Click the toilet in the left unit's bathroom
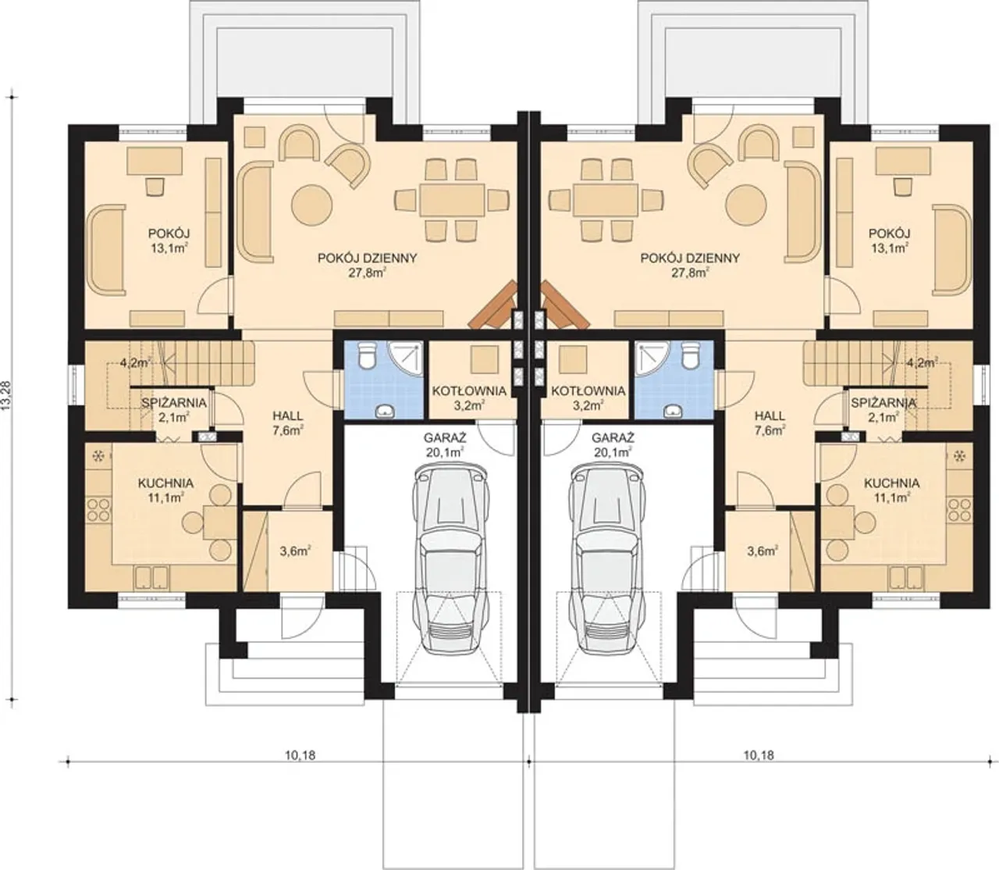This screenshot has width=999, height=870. (x=366, y=356)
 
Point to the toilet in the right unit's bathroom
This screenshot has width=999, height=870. (x=690, y=356)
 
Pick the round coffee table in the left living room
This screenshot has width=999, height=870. (x=312, y=204)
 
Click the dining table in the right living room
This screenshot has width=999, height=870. (x=606, y=200)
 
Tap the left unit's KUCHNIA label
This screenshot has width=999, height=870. (x=165, y=483)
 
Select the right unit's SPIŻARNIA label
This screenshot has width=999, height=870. (x=883, y=403)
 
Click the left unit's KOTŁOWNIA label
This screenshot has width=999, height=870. (x=469, y=390)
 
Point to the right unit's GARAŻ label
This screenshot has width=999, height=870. (x=613, y=437)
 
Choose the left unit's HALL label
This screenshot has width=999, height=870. (x=287, y=416)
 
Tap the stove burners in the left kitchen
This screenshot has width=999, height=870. (x=99, y=509)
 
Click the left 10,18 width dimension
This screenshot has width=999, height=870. (x=300, y=755)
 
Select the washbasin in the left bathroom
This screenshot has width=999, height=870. (x=384, y=412)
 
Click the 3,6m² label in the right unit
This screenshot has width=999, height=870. (x=763, y=551)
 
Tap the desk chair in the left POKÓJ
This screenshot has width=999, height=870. (x=155, y=186)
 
